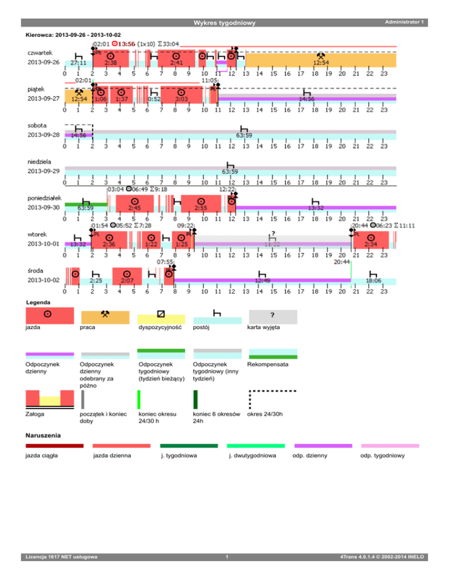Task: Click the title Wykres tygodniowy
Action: point(224,23)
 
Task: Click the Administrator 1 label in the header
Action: point(403,22)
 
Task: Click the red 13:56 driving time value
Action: point(125,43)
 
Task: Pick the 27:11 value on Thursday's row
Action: point(78,62)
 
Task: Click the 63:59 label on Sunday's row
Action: point(230,172)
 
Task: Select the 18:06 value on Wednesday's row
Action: point(374,281)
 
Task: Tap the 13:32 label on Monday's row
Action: point(316,207)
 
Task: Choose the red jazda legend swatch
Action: point(50,316)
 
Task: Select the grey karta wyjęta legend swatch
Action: point(273,316)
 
